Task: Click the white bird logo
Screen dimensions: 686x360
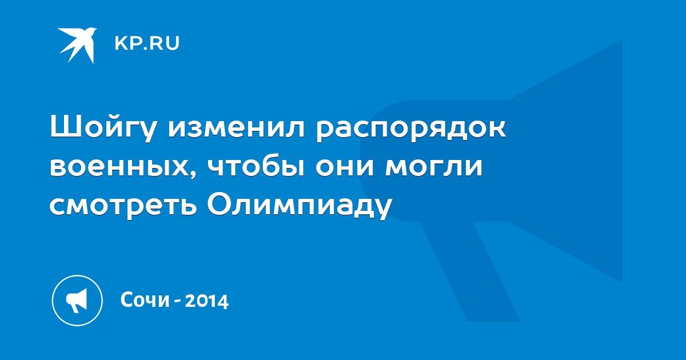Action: (77, 45)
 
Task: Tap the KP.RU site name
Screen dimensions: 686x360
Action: (147, 43)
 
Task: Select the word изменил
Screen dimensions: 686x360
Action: (237, 126)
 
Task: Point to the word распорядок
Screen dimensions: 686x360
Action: (411, 129)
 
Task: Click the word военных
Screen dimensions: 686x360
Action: (119, 166)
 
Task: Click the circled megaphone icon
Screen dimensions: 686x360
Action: (77, 301)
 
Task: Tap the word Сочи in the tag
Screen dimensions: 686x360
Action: (145, 299)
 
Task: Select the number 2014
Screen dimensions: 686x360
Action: (207, 301)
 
